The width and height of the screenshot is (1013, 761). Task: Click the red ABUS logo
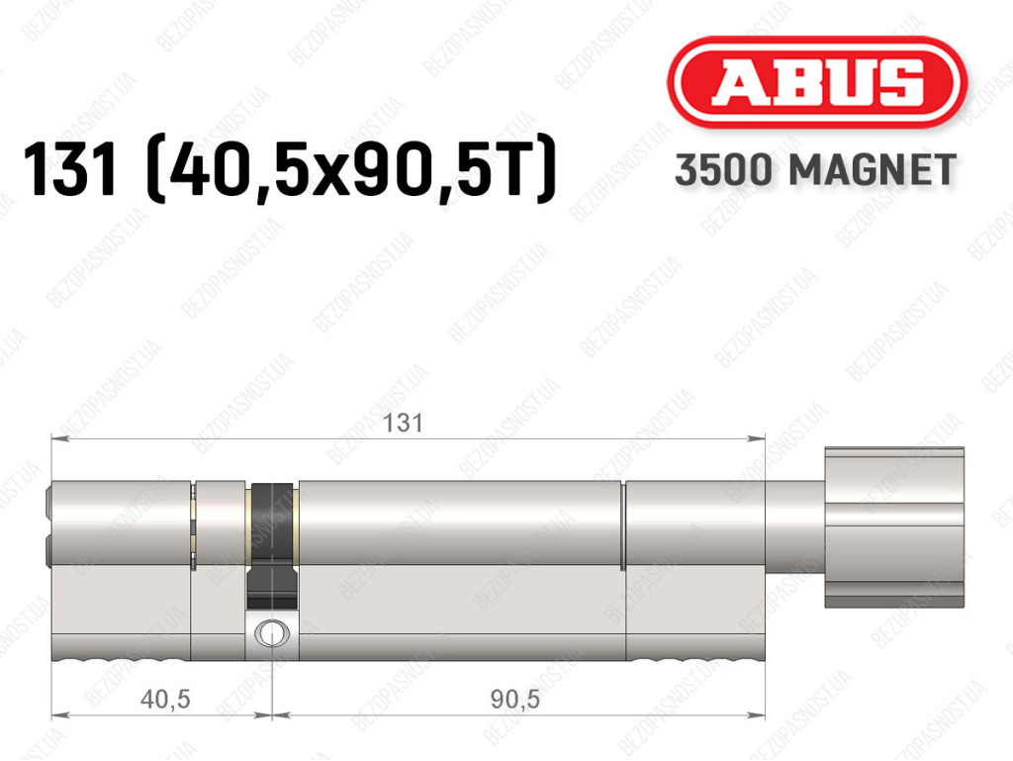point(816,83)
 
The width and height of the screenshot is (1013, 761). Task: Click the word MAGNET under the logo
point(873,170)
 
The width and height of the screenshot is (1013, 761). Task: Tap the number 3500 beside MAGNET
point(723,170)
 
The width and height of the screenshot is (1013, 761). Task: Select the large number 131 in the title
point(70,169)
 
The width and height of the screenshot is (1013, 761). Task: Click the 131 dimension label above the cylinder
point(404,424)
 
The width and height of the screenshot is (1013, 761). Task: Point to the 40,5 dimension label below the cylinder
point(165,699)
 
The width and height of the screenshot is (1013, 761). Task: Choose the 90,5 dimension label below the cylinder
point(514,699)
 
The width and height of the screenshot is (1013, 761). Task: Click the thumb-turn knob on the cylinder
point(894,527)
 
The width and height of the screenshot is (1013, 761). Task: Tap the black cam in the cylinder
point(272,546)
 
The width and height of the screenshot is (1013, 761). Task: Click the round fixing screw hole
point(272,632)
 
